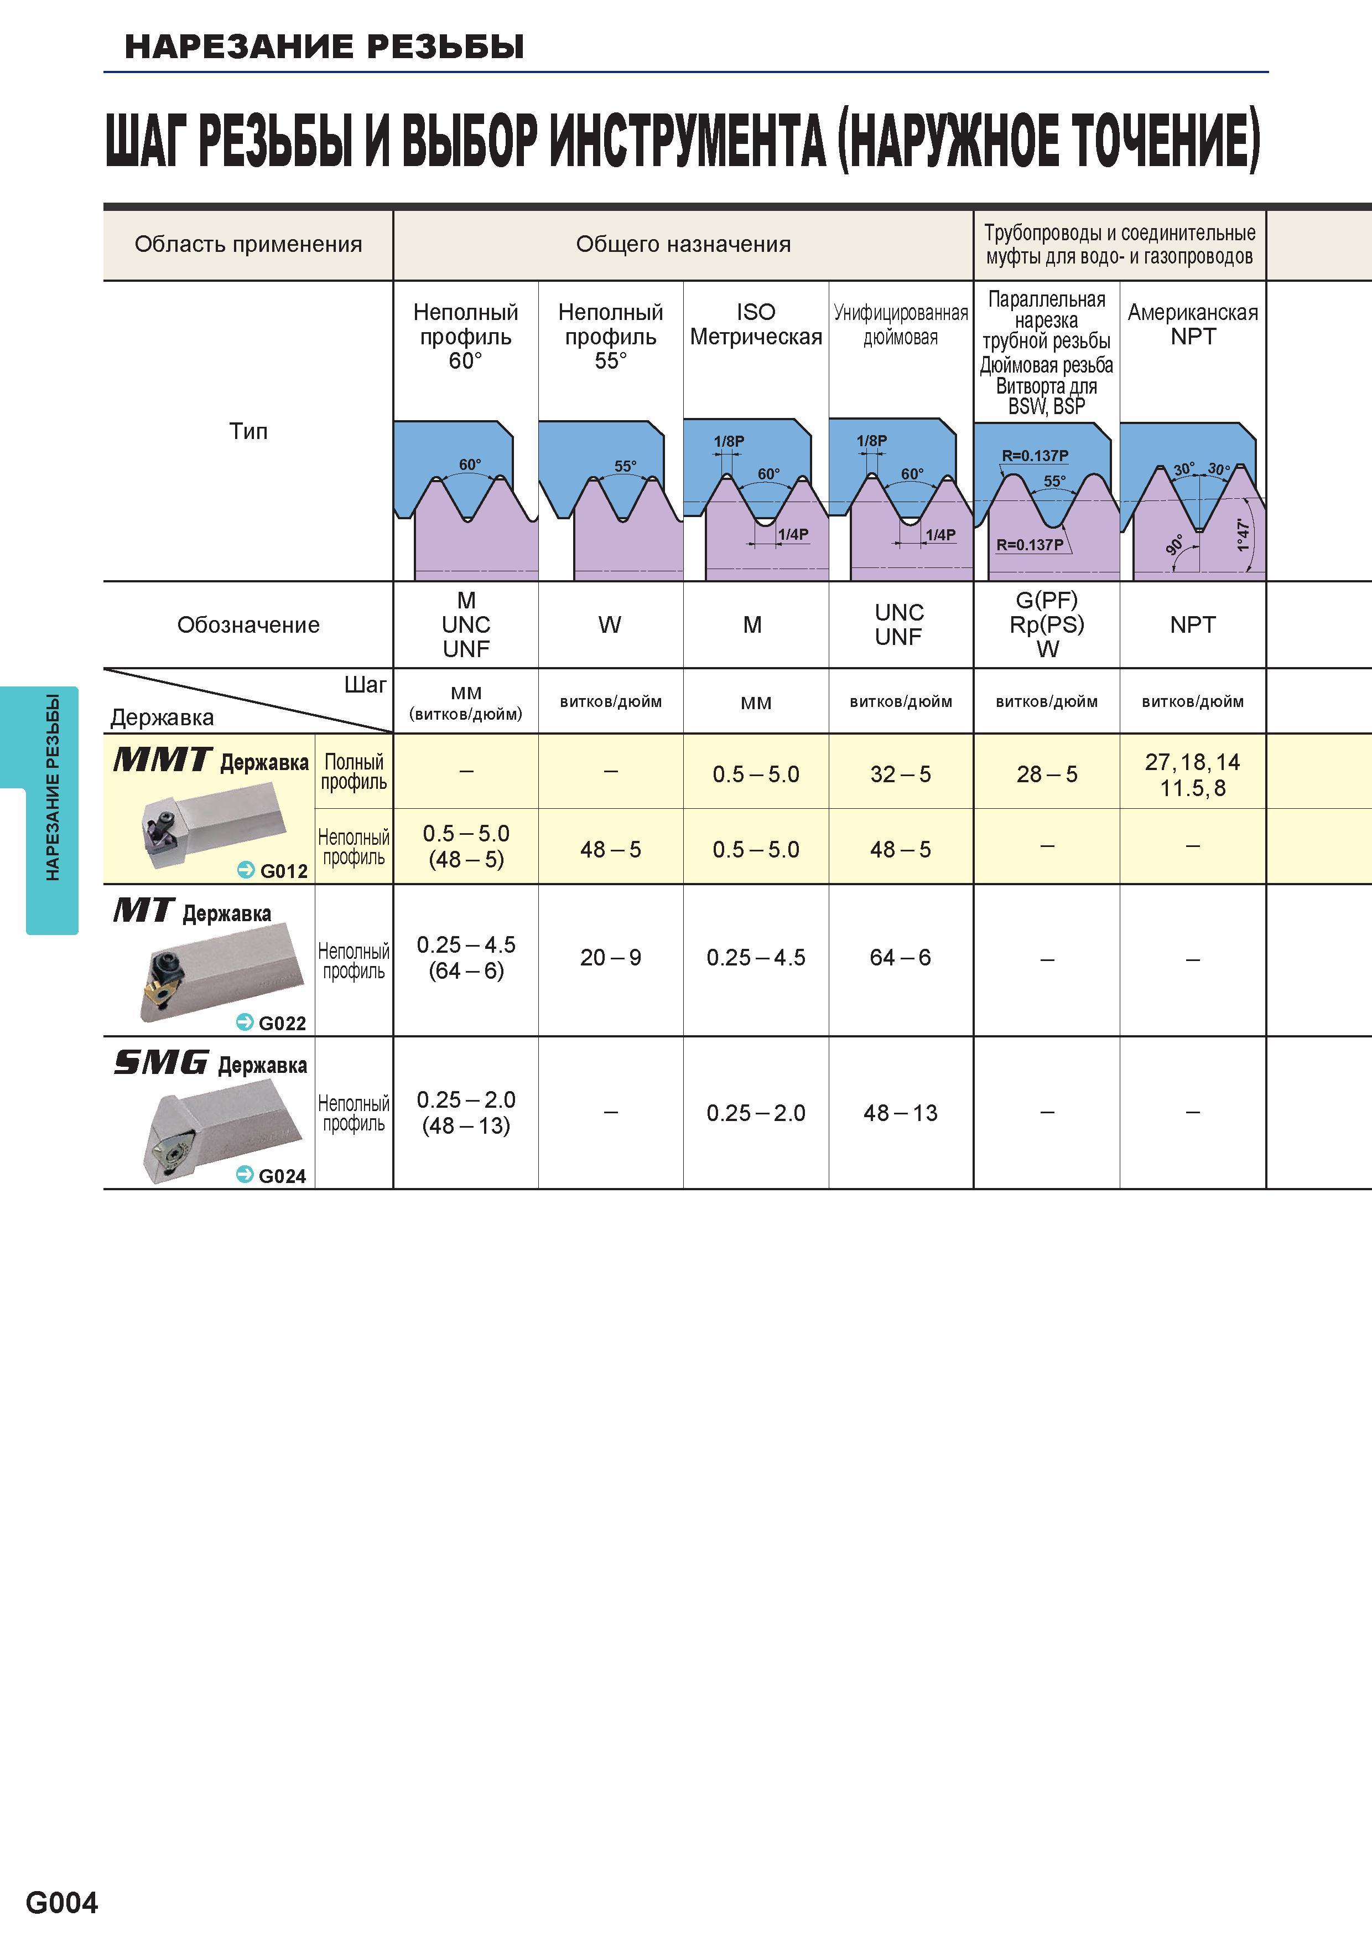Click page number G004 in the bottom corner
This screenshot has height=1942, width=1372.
coord(62,1902)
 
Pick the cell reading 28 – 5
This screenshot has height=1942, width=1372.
coord(1047,774)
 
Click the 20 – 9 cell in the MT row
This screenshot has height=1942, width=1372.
coord(610,958)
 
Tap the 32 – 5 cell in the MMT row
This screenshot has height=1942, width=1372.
coord(900,774)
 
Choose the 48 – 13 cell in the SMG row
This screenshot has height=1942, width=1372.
coord(900,1113)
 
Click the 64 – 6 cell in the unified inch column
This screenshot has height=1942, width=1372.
coord(900,958)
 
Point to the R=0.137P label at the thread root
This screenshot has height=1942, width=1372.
coord(1030,545)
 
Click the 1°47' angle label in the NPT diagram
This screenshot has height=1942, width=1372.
coord(1243,535)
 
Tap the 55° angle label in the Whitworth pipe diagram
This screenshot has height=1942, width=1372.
coord(1054,481)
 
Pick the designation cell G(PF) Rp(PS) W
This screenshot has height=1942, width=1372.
coord(1047,624)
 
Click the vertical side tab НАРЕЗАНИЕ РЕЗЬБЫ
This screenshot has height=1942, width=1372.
coord(53,787)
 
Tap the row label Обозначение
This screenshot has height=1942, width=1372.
coord(248,625)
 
